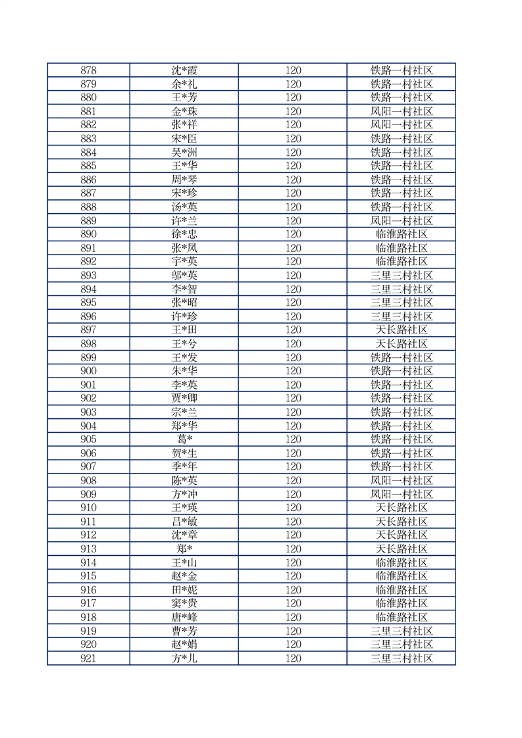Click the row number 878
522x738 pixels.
(88, 70)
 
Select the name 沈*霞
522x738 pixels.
(184, 70)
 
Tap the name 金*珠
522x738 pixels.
(184, 111)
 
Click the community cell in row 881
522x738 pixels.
(402, 111)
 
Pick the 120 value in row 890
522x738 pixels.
(293, 234)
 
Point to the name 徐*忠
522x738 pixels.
(184, 234)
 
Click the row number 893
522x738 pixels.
(88, 276)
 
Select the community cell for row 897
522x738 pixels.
(402, 330)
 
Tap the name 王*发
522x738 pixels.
(184, 357)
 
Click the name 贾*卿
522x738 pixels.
(184, 398)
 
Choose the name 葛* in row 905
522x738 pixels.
(184, 439)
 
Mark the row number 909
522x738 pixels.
(88, 494)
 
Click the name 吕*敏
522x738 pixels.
(184, 522)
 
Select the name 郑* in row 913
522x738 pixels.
(184, 549)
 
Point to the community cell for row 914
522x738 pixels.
(402, 562)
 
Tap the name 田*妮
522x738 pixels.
(184, 590)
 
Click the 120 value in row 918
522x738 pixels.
(293, 617)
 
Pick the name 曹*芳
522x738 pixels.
(184, 631)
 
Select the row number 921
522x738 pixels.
(88, 658)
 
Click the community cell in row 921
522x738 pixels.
(402, 658)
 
